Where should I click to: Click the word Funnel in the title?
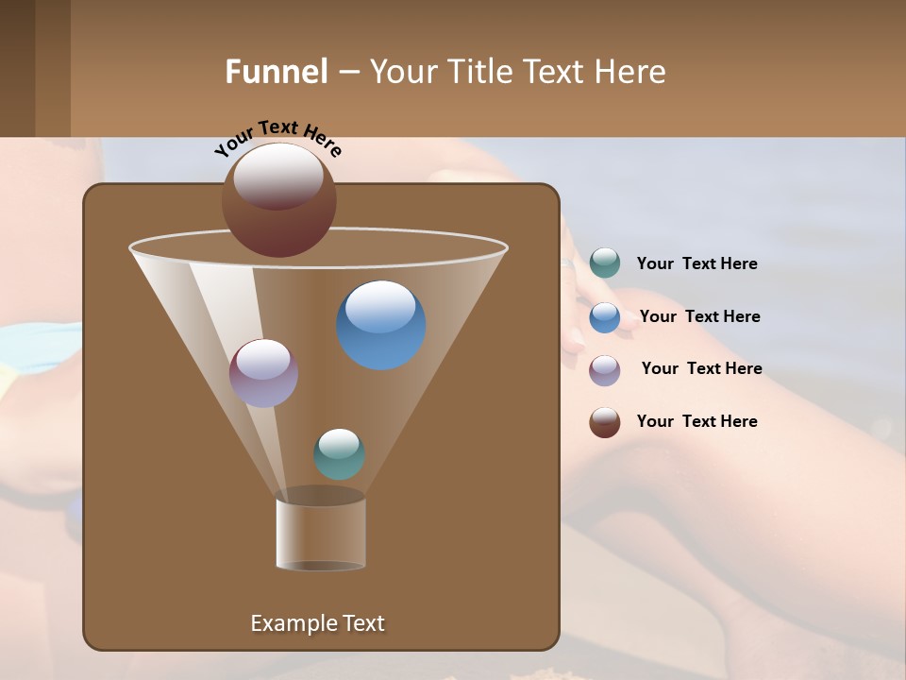coord(276,72)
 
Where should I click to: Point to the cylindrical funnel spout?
coord(321,534)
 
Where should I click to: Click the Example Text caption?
coord(317,623)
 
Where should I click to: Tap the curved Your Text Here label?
coord(277,138)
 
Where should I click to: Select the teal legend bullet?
coord(605,263)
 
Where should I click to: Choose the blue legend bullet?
coord(605,317)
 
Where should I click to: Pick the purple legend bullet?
coord(605,370)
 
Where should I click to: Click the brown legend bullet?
coord(605,422)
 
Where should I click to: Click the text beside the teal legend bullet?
coord(696,263)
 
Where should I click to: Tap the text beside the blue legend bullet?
coord(699,316)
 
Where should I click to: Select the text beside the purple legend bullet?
coord(701,368)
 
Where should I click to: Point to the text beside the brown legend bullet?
coord(696,421)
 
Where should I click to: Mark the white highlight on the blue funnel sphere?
coord(381,307)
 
